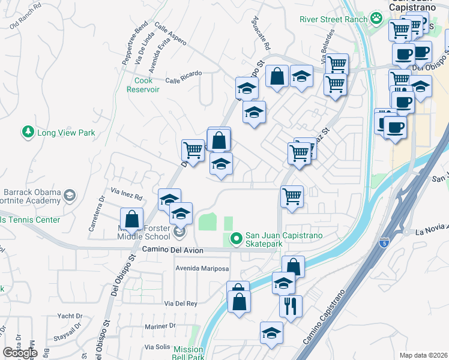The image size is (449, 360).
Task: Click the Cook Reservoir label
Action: click(x=143, y=85)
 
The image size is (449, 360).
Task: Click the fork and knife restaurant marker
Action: click(x=291, y=306)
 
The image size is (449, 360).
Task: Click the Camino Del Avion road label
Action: click(x=173, y=250)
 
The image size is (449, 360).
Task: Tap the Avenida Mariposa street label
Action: click(x=202, y=268)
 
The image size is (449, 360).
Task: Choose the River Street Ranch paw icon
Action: click(x=376, y=19)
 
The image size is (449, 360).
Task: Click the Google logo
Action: click(x=20, y=353)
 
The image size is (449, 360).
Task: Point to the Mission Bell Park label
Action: click(x=188, y=353)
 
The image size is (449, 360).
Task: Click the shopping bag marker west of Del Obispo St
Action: click(x=131, y=219)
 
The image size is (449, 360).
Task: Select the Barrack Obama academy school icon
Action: click(x=70, y=195)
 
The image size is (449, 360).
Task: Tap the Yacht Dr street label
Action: click(x=70, y=316)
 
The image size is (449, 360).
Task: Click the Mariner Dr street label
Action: click(x=159, y=326)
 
